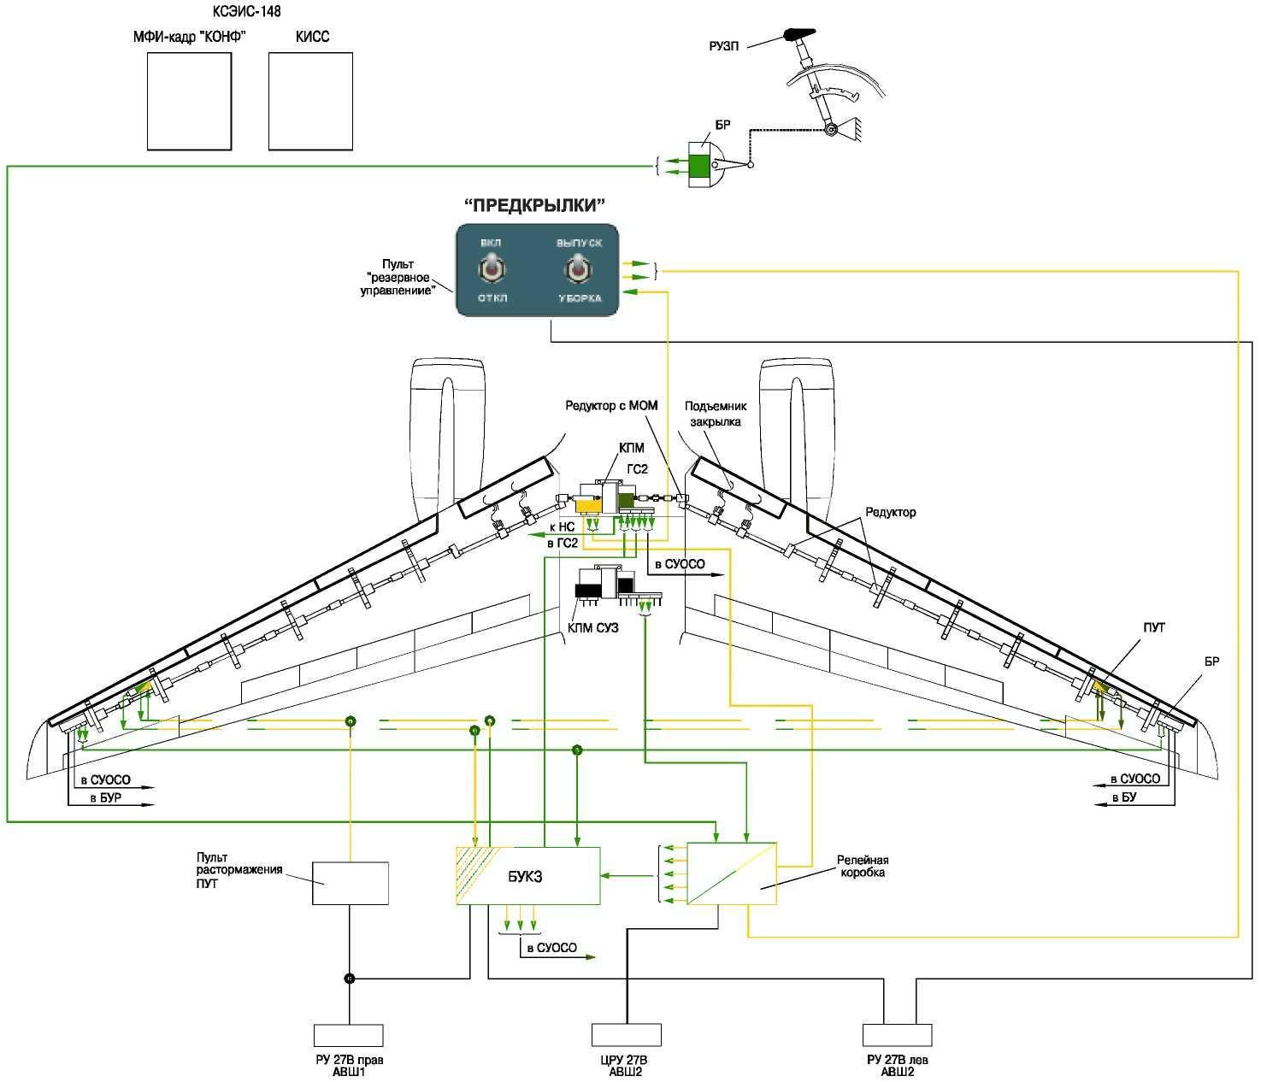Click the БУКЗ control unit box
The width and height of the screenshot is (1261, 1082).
coord(527,876)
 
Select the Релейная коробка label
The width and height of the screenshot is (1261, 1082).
coord(862,867)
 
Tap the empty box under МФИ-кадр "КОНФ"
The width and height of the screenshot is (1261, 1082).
coord(189,101)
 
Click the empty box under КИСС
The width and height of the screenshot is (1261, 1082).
coord(310,101)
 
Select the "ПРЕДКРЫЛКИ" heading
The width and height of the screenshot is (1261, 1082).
coord(534,205)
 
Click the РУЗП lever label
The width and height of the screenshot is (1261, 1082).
coord(723,45)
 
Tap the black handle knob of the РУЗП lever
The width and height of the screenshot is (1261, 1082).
coord(798,35)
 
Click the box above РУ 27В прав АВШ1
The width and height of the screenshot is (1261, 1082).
coord(348,1035)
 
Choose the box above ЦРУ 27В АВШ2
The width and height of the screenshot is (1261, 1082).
coord(627,1035)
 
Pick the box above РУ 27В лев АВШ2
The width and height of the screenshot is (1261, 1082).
coord(897,1035)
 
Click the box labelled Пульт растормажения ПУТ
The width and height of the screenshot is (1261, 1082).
coord(350,883)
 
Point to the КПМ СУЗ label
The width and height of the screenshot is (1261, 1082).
coord(592,628)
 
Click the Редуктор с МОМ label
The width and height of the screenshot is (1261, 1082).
coord(611,405)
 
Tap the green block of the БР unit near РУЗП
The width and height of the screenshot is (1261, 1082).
coord(699,165)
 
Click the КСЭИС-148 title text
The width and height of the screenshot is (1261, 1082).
coord(246,12)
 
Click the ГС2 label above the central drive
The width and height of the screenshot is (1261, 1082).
coord(638,469)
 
